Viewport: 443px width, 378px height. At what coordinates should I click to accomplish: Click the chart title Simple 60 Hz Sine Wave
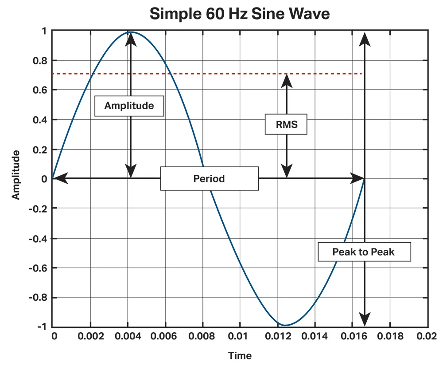point(240,14)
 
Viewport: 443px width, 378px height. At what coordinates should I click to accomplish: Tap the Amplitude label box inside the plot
point(129,106)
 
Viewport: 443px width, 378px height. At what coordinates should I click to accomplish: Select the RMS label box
point(287,125)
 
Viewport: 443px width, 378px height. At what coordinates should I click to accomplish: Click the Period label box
point(209,179)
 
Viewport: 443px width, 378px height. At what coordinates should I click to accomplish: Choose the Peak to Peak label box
point(364,252)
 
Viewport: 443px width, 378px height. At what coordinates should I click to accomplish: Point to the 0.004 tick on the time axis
point(128,336)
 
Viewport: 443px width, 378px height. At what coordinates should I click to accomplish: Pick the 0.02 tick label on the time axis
point(428,336)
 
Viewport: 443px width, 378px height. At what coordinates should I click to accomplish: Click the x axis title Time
point(240,356)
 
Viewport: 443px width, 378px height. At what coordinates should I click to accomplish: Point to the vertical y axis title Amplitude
point(16,175)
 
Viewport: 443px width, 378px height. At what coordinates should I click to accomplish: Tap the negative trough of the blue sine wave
point(284,326)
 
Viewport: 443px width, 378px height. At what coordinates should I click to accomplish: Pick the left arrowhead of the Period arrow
point(59,179)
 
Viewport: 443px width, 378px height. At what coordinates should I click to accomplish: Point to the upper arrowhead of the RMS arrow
point(287,80)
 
